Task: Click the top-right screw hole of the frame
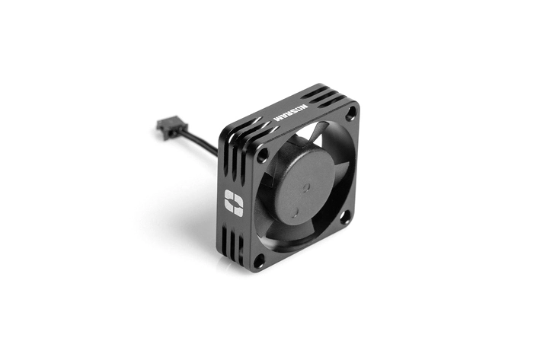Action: (x=350, y=113)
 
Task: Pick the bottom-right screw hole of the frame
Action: (x=343, y=217)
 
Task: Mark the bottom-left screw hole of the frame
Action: (x=259, y=260)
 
